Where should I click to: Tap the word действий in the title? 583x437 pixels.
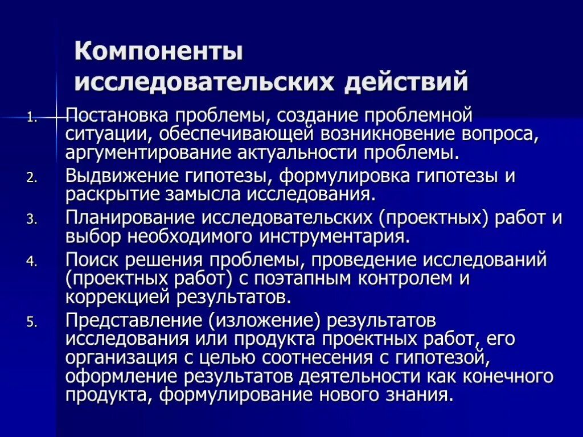click(x=406, y=81)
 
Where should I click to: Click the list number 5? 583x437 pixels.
click(x=32, y=322)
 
